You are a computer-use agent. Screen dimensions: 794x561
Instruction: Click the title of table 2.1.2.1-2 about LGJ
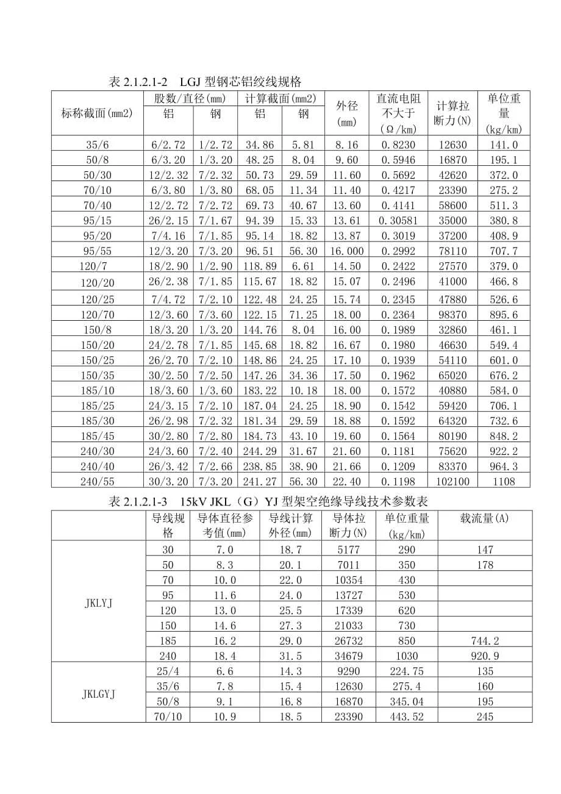204,82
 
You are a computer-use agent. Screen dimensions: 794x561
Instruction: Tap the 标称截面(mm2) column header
98,113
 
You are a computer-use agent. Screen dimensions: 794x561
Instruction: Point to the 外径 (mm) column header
347,113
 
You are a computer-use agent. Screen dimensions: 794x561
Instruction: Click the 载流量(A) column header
485,518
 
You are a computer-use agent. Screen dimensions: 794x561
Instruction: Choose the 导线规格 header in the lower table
168,525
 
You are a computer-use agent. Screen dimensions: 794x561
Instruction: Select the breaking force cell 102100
452,481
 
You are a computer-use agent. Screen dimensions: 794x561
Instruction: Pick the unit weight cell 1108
504,481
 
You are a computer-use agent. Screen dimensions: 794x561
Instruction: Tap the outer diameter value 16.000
347,251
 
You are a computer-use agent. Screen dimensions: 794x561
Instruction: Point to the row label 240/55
98,481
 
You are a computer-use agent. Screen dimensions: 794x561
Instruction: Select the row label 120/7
98,266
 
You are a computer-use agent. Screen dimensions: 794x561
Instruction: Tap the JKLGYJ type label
98,694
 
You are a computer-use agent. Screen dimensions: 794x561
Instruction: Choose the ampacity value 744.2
485,640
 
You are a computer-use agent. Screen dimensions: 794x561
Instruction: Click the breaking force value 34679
351,656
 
